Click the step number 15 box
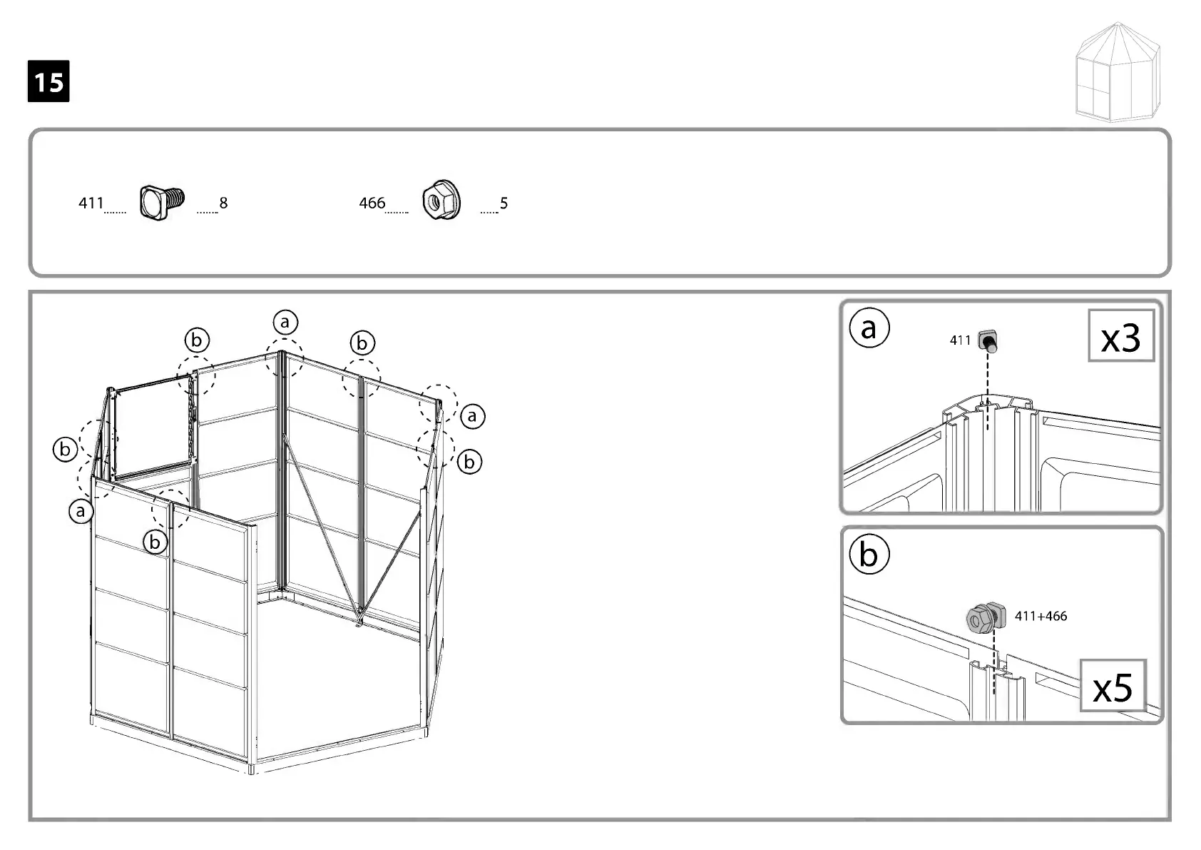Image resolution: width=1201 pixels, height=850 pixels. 48,81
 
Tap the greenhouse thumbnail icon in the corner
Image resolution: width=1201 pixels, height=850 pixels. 1118,73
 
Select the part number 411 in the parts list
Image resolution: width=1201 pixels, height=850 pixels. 91,203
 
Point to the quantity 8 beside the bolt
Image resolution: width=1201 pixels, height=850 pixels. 223,203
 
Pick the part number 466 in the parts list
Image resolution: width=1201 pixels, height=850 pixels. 372,203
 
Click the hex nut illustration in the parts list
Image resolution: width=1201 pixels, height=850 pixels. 441,201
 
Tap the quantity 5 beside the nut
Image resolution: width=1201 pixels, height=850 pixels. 504,203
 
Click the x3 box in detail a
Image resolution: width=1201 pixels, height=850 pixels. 1120,336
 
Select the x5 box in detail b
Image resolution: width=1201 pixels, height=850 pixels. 1113,686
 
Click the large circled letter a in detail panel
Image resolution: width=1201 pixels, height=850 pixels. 869,328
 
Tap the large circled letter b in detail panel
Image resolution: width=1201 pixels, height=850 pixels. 869,554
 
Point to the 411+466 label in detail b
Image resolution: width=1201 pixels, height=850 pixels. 1041,616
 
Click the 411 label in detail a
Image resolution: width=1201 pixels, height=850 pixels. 960,340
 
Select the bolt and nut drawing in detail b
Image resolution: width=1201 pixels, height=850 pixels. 985,617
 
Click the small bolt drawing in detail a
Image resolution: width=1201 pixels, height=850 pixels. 988,341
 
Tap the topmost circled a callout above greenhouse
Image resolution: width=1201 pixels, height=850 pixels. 285,323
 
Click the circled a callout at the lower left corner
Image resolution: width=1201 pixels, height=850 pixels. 81,511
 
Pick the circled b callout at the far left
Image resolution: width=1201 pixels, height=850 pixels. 65,450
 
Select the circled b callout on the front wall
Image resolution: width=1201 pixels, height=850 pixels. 155,542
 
